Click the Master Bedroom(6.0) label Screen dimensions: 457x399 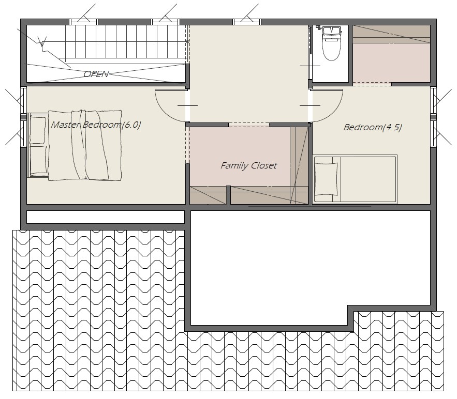pyautogui.click(x=96, y=125)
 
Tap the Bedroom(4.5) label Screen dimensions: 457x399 pyautogui.click(x=373, y=127)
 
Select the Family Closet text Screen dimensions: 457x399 pyautogui.click(x=248, y=165)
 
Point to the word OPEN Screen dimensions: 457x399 pyautogui.click(x=96, y=74)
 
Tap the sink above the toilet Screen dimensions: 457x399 pyautogui.click(x=332, y=30)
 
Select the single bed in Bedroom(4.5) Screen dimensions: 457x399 pyautogui.click(x=355, y=179)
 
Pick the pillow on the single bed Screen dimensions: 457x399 pyautogui.click(x=326, y=179)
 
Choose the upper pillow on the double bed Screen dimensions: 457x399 pyautogui.click(x=38, y=130)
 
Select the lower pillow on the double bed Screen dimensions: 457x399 pyautogui.click(x=38, y=160)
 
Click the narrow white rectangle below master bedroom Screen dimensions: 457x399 pyautogui.click(x=106, y=217)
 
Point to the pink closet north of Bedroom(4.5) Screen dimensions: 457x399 pyautogui.click(x=391, y=54)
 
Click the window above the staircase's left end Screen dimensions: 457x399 pyautogui.click(x=84, y=22)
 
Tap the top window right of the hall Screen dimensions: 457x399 pyautogui.click(x=247, y=22)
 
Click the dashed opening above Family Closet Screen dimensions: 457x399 pyautogui.click(x=248, y=125)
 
